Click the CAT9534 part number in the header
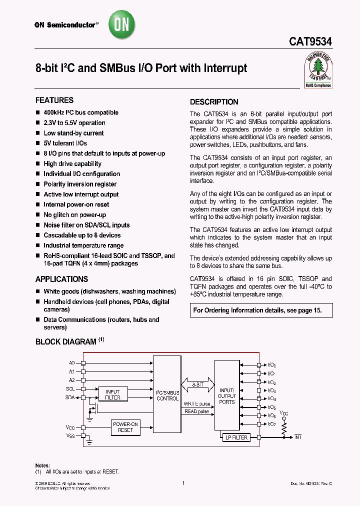[310, 43]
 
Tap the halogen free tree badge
[318, 69]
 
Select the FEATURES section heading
[54, 100]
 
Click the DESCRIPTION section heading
[214, 102]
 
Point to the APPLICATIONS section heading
[61, 279]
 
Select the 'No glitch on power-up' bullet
[74, 214]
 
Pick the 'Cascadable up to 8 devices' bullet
[82, 235]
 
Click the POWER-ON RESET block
[126, 426]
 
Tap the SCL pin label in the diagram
[70, 388]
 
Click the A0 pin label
[71, 362]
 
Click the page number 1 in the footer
[184, 483]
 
